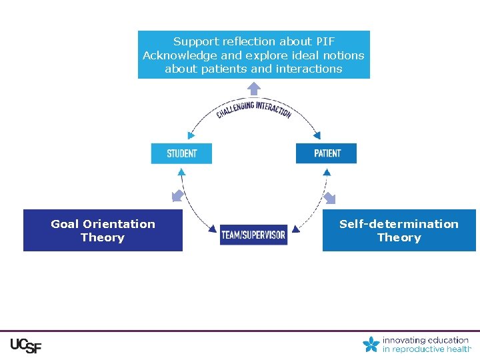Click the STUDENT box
point(181,153)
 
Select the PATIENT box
point(326,153)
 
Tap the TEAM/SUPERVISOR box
point(253,235)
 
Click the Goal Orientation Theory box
point(103,231)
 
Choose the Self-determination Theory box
point(399,231)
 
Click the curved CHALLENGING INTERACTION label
point(253,109)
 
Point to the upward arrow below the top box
point(254,88)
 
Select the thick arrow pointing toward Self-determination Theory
point(329,197)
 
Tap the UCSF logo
point(25,345)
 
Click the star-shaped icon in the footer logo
point(371,344)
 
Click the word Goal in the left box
point(65,224)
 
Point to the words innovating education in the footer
point(425,340)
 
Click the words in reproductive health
point(427,349)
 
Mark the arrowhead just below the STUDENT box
point(181,171)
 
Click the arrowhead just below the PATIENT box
point(327,171)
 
